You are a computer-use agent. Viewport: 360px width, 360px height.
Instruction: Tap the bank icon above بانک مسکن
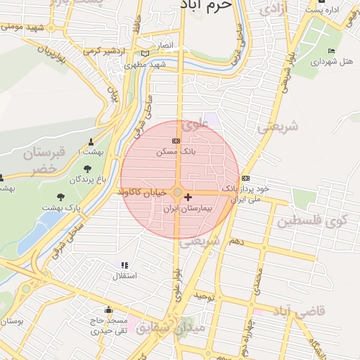click(x=176, y=141)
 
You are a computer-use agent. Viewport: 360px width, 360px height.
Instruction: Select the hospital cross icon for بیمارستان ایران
click(x=188, y=198)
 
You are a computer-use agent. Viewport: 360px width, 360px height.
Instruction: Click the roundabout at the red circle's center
click(x=178, y=192)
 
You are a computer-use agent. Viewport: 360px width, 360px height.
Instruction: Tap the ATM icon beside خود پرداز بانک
click(x=245, y=178)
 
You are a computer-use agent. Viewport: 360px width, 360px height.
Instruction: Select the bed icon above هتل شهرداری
click(x=332, y=51)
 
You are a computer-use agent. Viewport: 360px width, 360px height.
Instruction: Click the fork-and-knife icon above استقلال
click(x=124, y=265)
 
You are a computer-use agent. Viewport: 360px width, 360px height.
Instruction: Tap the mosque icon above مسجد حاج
click(x=108, y=310)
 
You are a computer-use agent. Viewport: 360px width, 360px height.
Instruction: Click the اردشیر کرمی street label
click(x=103, y=51)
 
